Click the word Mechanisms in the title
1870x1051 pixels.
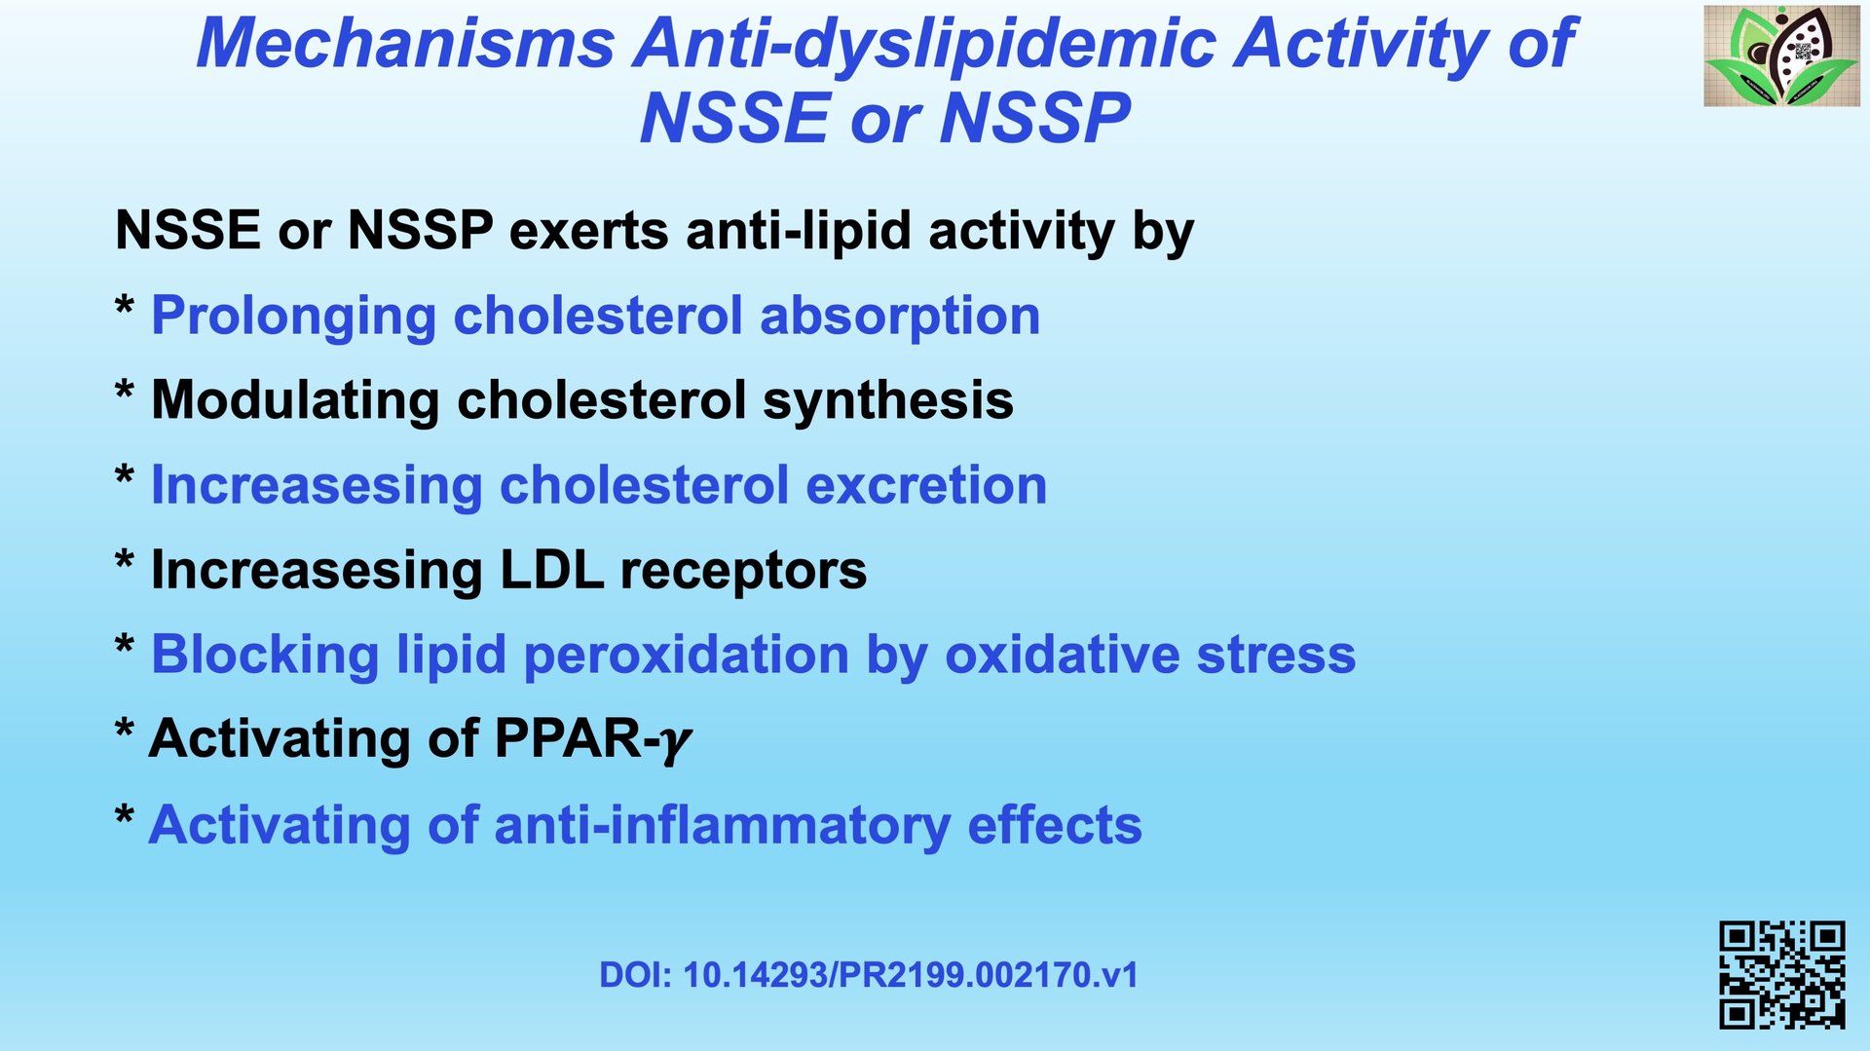(x=405, y=43)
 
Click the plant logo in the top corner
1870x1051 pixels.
(x=1781, y=56)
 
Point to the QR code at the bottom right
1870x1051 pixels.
(x=1781, y=974)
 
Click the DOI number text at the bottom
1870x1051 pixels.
(x=868, y=975)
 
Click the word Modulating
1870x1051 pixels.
(x=296, y=400)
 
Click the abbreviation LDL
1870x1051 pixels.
(x=551, y=570)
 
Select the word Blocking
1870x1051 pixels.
(x=265, y=656)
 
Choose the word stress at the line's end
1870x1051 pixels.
(x=1276, y=656)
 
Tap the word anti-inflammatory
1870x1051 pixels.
(x=723, y=826)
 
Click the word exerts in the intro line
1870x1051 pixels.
(x=589, y=232)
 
